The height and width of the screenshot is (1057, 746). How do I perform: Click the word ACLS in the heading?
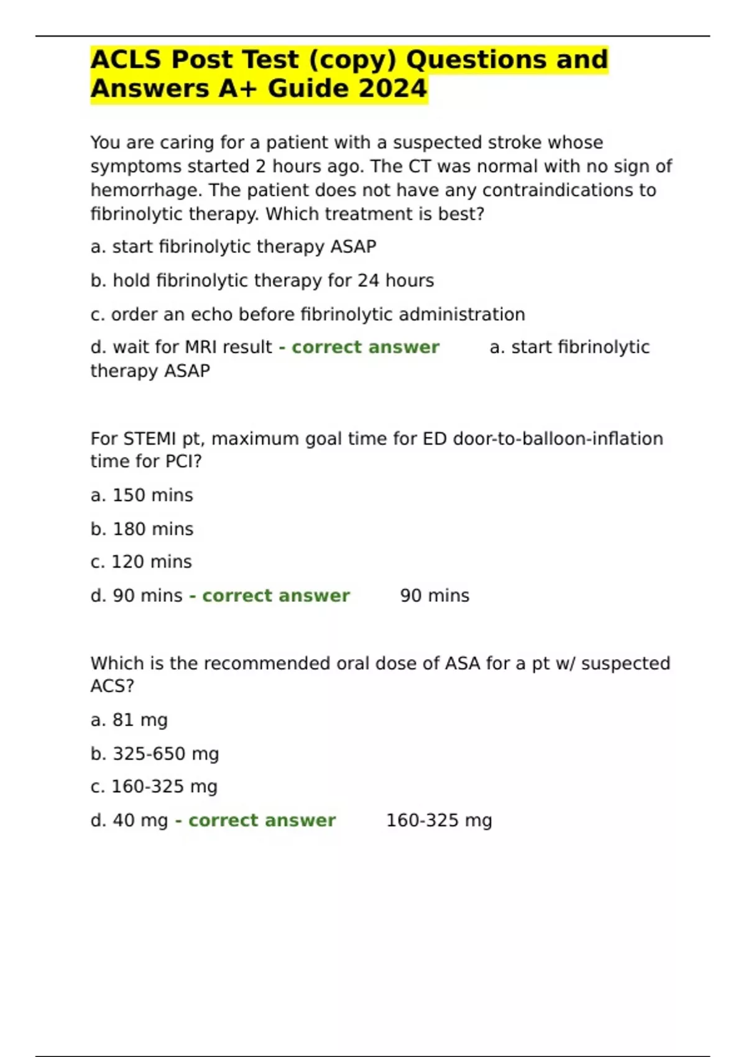tap(126, 60)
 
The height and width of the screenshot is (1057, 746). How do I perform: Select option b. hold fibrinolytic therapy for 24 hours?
tap(262, 280)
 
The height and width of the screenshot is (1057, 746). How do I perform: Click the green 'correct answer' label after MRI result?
tap(365, 347)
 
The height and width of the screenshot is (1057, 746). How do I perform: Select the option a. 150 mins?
tap(142, 496)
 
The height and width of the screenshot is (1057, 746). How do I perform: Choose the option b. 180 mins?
tap(142, 529)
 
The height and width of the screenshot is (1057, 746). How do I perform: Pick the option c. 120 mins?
tap(141, 562)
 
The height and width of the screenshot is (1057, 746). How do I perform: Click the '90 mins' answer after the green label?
tap(435, 596)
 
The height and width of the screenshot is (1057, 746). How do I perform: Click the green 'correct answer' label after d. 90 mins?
tap(275, 596)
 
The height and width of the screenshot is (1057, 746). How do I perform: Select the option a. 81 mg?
tap(129, 720)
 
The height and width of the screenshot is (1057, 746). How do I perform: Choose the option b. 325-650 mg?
tap(155, 754)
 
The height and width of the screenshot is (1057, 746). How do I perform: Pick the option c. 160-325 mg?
tap(154, 787)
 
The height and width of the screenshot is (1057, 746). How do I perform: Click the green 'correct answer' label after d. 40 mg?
tap(261, 821)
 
